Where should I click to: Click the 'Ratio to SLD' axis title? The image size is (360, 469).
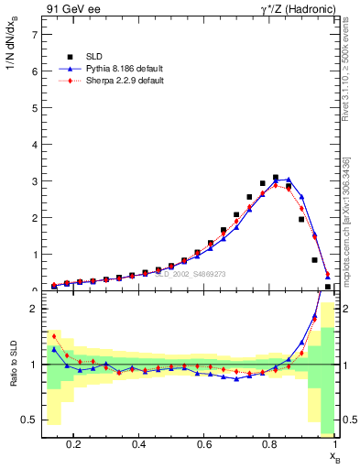pyautogui.click(x=13, y=376)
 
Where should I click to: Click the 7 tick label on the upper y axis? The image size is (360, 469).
pyautogui.click(x=34, y=35)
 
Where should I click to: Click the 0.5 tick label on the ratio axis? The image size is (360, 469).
pyautogui.click(x=30, y=420)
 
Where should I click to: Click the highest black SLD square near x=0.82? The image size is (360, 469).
pyautogui.click(x=276, y=178)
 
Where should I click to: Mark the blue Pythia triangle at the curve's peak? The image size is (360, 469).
pyautogui.click(x=289, y=180)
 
